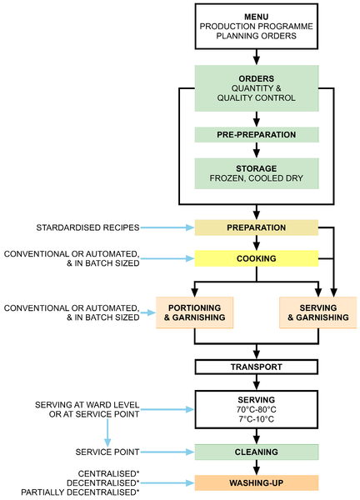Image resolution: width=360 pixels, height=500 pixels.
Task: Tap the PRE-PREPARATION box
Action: point(257,134)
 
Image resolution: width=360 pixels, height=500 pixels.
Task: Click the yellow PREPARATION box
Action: point(257,227)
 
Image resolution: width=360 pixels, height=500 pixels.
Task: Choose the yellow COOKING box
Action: point(257,258)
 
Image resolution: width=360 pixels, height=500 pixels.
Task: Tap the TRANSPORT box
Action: point(257,367)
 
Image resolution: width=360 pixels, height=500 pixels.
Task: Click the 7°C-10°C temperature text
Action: point(257,419)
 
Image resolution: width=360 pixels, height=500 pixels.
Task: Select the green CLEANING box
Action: point(257,452)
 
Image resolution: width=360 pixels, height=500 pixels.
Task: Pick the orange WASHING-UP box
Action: point(257,482)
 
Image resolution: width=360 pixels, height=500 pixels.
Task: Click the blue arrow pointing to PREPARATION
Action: point(167,227)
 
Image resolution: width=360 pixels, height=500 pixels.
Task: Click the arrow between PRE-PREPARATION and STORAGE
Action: point(257,150)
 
